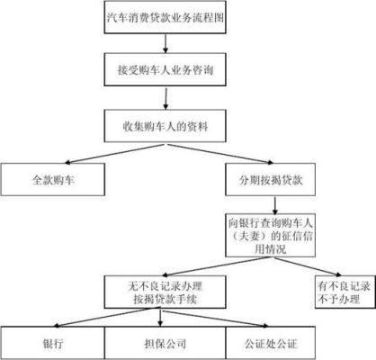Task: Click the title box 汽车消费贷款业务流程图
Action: [165, 17]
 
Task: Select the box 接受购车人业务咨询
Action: [165, 69]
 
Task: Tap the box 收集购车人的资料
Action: [165, 126]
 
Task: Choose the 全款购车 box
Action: [53, 179]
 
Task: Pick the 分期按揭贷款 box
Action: [271, 179]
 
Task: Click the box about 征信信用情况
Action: [271, 235]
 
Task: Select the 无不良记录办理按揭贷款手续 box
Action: [165, 292]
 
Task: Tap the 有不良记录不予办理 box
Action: [345, 292]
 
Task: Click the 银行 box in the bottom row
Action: [53, 343]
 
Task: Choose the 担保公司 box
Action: [165, 343]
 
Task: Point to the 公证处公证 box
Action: [271, 343]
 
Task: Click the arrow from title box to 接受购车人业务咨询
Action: [166, 43]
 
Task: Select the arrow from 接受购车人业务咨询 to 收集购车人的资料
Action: [166, 98]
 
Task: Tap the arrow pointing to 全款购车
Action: [114, 154]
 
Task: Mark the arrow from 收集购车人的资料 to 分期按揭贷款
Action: [220, 154]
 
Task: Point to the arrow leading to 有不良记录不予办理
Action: [307, 266]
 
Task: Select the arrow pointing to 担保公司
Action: [160, 318]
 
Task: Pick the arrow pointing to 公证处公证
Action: [215, 318]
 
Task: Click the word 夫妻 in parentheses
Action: [250, 236]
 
